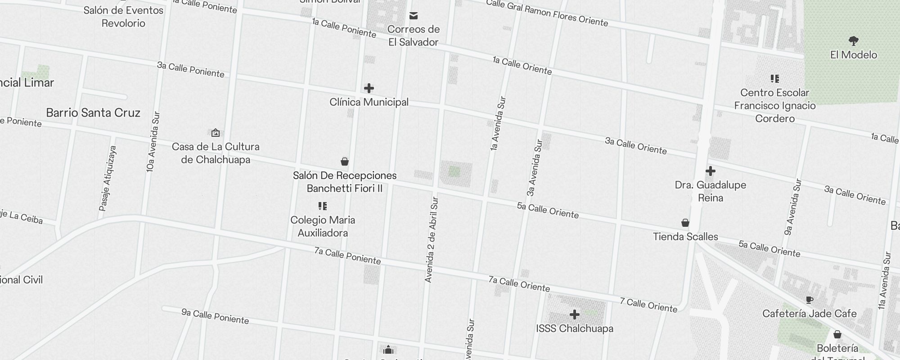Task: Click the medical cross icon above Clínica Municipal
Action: (x=369, y=88)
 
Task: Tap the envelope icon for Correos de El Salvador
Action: (x=414, y=16)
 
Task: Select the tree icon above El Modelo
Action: (x=853, y=41)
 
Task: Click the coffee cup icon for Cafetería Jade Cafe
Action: (x=809, y=300)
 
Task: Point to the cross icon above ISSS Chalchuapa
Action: (x=575, y=314)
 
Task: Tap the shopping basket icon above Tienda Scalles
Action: (x=685, y=223)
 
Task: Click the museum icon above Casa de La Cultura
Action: (x=216, y=132)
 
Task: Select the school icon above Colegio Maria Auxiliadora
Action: (x=323, y=206)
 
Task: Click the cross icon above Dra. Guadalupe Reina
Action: (x=711, y=171)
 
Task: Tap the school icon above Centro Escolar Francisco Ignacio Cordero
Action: (x=775, y=79)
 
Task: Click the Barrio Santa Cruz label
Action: (x=93, y=112)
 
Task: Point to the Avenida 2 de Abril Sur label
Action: (x=431, y=240)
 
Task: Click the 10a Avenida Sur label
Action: (x=153, y=142)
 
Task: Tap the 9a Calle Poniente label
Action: (x=215, y=316)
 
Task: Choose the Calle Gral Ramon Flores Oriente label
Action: (x=547, y=13)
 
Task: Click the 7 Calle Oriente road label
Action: (x=648, y=305)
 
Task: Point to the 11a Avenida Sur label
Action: (x=884, y=281)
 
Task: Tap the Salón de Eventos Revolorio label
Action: (x=123, y=17)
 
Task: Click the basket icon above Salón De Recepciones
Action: (x=345, y=162)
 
